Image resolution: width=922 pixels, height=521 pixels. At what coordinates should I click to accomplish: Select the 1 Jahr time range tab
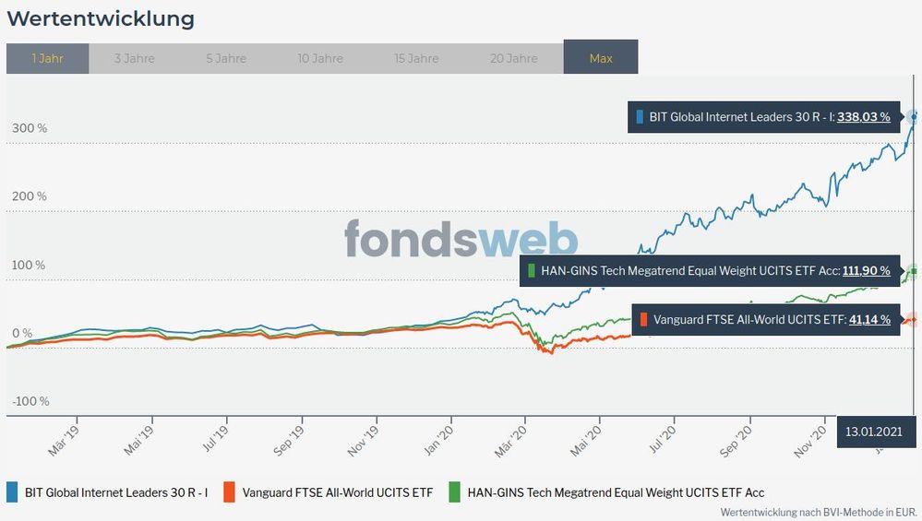(47, 58)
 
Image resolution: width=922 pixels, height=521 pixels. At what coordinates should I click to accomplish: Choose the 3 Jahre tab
(134, 58)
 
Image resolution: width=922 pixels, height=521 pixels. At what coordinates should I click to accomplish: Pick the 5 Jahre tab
(226, 58)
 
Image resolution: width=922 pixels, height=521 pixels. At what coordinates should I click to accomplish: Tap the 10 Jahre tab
(321, 58)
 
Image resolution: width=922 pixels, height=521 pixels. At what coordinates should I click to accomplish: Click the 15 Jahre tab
(416, 58)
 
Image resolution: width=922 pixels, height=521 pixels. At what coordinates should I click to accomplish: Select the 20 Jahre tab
(514, 58)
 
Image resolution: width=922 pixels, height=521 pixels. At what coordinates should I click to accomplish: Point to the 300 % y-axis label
(30, 128)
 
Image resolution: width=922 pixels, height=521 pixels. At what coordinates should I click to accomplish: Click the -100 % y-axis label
(30, 401)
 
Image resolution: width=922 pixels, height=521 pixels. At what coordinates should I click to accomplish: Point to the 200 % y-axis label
(30, 196)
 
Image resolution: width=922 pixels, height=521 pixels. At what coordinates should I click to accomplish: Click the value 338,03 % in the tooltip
(864, 117)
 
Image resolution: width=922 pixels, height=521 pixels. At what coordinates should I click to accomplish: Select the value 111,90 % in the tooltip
(866, 270)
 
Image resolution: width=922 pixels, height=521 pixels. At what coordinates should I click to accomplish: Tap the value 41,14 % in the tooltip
(869, 320)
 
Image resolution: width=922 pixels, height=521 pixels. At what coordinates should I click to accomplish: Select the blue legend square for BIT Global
(14, 492)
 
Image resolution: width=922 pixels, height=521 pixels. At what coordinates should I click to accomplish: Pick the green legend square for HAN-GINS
(453, 492)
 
